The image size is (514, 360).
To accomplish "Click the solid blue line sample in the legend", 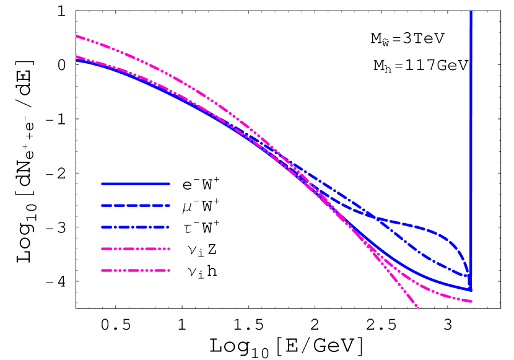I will (x=136, y=183).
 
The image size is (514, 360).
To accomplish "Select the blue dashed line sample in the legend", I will (x=136, y=205).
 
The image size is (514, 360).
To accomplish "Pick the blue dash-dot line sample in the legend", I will (x=136, y=227).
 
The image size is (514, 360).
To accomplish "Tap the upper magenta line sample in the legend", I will (x=136, y=248).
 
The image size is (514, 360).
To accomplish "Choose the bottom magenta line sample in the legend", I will (x=136, y=270).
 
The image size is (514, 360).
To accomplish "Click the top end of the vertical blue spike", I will (x=471, y=12).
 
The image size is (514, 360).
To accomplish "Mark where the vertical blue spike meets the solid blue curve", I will (x=471, y=289).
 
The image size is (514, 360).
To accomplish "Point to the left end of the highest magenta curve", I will (x=77, y=36).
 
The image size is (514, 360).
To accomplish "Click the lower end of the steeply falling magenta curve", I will (x=418, y=307).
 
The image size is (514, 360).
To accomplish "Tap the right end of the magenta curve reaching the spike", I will (x=471, y=302).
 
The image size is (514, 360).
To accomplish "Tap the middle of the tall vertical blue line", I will (x=471, y=149).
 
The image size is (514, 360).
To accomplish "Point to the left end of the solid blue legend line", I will (x=103, y=183).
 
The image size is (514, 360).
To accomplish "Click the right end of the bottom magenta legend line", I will (x=168, y=270).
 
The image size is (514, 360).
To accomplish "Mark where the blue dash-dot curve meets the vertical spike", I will (x=470, y=275).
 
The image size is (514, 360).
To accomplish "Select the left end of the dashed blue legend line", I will (x=103, y=205).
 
